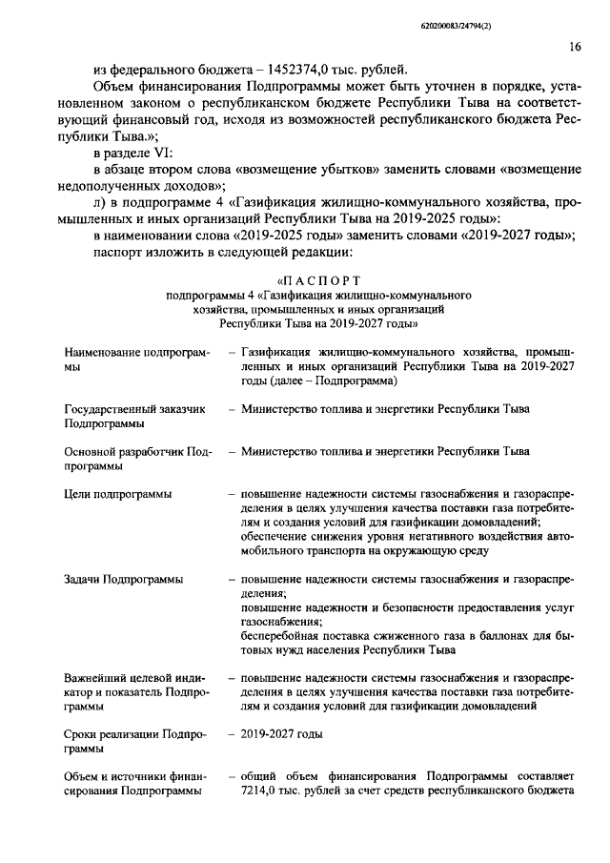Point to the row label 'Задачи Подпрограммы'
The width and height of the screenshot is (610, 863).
coord(124,580)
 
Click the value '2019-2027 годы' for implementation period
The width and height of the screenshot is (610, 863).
coord(282,734)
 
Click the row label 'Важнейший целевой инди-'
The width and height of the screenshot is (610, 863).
coord(136,678)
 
